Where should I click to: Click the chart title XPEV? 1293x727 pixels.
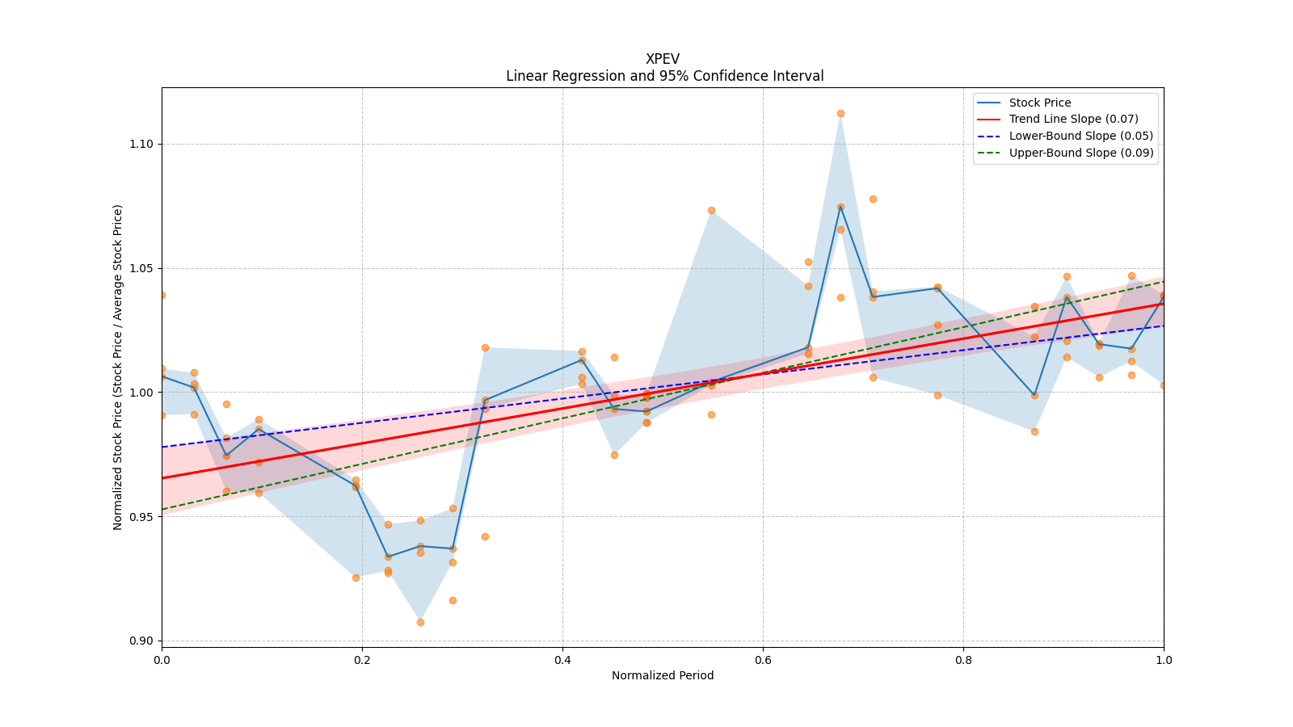click(662, 59)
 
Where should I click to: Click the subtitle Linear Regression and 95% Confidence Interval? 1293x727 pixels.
click(664, 76)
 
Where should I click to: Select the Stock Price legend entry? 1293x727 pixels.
click(1039, 103)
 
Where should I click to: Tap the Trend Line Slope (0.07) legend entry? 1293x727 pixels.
click(1073, 120)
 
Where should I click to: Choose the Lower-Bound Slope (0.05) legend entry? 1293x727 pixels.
click(1080, 137)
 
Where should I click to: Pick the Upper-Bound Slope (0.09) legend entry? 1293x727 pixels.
click(1080, 153)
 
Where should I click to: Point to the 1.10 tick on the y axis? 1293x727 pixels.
click(141, 145)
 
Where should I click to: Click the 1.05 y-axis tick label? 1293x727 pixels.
click(141, 269)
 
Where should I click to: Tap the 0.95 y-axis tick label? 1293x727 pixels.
click(141, 517)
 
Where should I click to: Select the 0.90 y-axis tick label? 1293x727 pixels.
click(141, 641)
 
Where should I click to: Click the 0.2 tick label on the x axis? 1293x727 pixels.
click(362, 660)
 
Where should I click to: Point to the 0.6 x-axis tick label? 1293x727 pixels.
click(763, 660)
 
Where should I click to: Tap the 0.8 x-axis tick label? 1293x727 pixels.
click(963, 660)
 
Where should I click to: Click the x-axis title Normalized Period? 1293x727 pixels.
click(663, 675)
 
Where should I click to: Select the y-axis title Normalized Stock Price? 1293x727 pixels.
click(118, 367)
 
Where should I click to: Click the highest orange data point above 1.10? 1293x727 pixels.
click(840, 113)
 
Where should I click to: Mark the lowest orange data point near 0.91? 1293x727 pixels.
click(420, 622)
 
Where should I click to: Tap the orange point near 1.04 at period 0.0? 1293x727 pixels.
click(162, 295)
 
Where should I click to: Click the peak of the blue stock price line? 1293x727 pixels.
click(840, 207)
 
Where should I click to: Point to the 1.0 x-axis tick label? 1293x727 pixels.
click(1164, 660)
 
